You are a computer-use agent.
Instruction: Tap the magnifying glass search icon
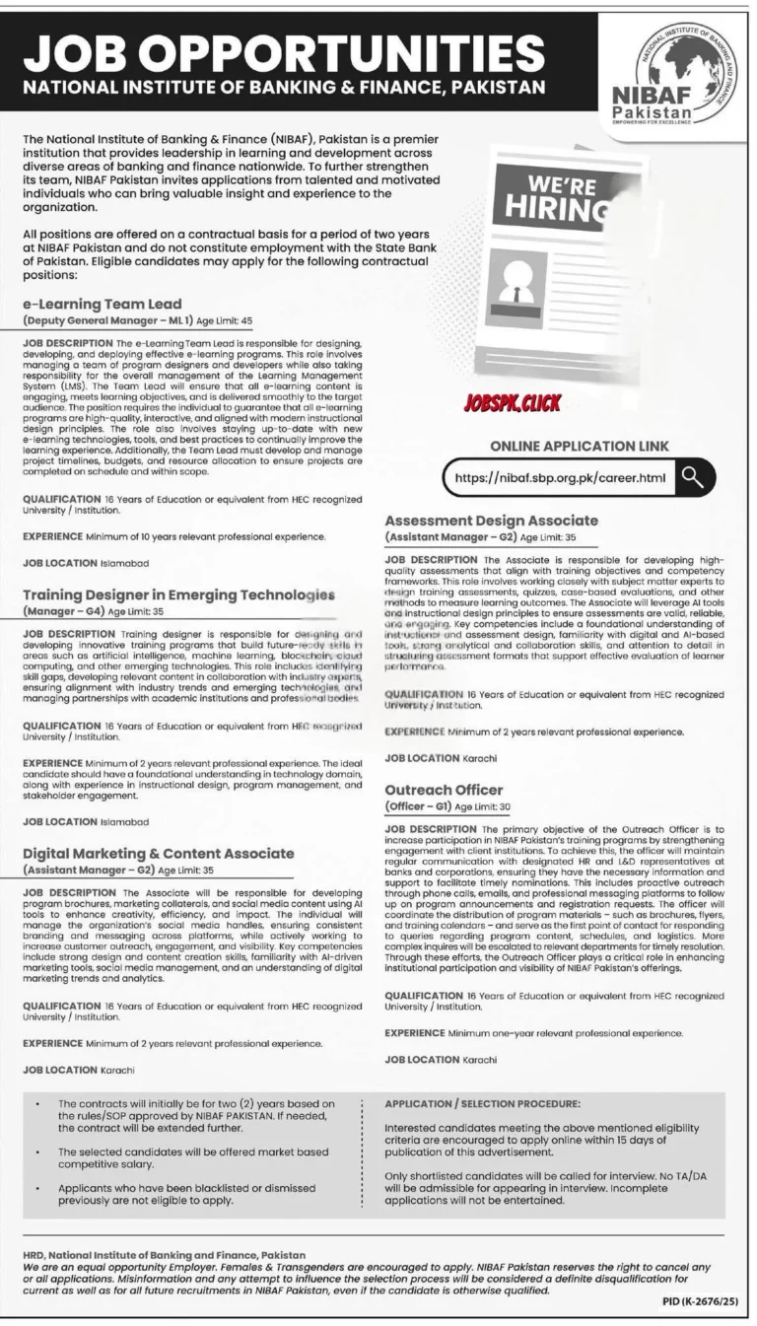click(694, 478)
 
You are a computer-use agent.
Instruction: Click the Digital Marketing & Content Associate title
click(159, 852)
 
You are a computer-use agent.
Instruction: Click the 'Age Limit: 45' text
click(213, 321)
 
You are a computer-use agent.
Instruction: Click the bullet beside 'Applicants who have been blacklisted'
click(36, 1187)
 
